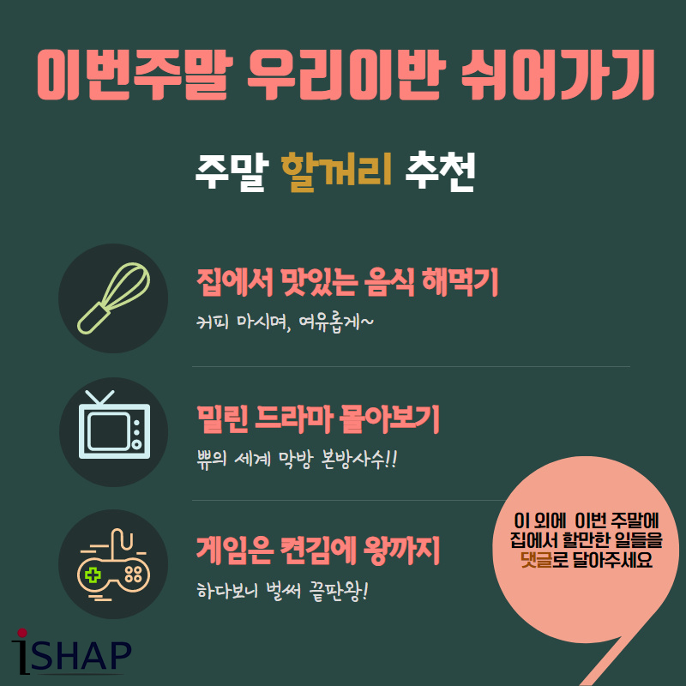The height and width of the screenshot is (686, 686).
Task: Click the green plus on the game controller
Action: coord(93,575)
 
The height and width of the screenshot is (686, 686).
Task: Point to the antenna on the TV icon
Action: coord(99,397)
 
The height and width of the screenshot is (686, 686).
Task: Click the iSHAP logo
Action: coord(71,652)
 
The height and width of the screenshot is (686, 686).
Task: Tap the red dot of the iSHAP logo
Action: coord(22,633)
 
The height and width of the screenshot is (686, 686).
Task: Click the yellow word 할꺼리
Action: coord(336,172)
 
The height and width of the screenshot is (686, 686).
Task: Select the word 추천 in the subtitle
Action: coord(440,172)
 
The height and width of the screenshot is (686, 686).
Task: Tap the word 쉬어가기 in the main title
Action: coord(558,75)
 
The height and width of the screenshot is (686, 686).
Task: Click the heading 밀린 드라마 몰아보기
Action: coord(318,419)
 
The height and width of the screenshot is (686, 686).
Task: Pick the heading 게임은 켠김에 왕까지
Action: coord(318,551)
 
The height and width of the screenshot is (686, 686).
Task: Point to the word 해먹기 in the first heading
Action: coord(460,282)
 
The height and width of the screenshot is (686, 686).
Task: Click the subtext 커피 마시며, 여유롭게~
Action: coord(286,323)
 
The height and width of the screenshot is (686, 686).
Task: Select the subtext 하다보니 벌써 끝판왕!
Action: coord(283,592)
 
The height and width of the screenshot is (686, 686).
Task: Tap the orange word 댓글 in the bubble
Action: coord(536,560)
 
